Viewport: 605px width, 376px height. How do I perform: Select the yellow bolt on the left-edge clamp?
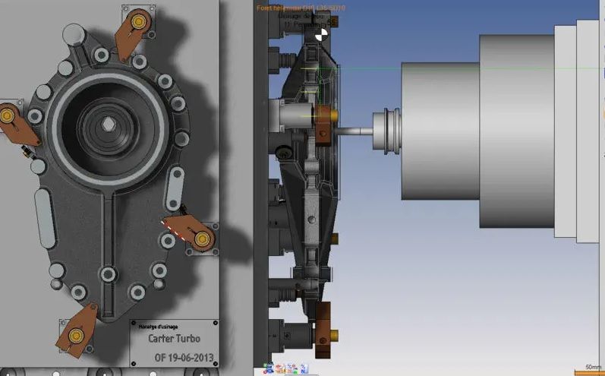tap(8, 115)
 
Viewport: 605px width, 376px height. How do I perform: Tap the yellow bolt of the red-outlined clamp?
tap(202, 239)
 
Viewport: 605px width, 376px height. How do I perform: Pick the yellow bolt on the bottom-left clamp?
tap(74, 335)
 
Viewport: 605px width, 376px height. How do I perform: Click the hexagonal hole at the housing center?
tap(109, 124)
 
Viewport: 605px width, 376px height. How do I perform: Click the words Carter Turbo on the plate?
tap(174, 339)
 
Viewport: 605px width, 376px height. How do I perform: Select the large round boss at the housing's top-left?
tap(74, 33)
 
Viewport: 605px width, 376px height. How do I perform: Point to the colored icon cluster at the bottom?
tap(285, 368)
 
